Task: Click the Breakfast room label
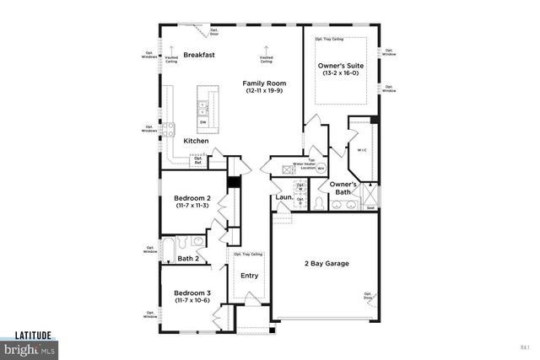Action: click(x=199, y=55)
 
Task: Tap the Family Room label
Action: click(x=264, y=83)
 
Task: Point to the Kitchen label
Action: click(x=196, y=141)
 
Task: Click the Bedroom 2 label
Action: click(x=193, y=197)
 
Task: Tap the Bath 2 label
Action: click(x=188, y=258)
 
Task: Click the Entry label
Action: click(x=250, y=276)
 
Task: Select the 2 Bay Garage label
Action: click(x=327, y=264)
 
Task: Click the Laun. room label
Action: click(x=283, y=198)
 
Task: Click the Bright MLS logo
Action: click(x=27, y=347)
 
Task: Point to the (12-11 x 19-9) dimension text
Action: click(x=264, y=91)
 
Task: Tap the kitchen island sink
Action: click(x=203, y=107)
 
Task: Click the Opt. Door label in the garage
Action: click(x=368, y=295)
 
